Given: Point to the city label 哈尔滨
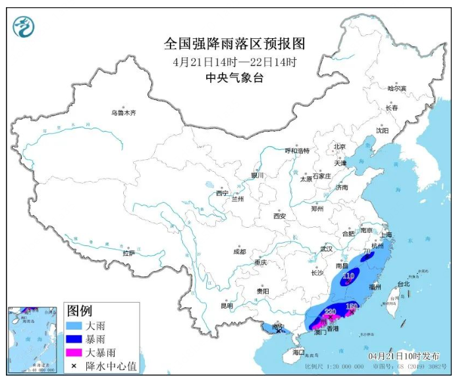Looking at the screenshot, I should pos(397,88).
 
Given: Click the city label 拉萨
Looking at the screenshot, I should pos(128,253).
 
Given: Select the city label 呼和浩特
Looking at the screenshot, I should pos(297,151).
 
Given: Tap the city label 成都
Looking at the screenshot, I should pos(238,251).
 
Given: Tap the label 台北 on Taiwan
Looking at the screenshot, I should pos(401,284).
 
